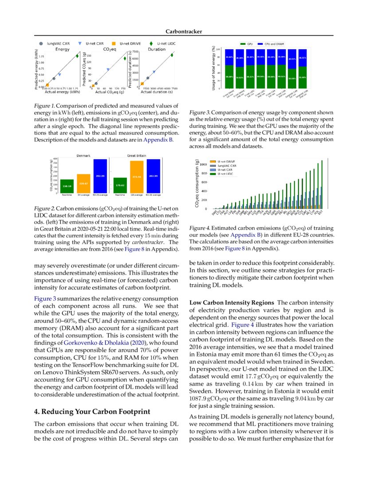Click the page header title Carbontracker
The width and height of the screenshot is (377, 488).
(184, 31)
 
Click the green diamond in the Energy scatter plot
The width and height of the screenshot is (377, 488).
(77, 56)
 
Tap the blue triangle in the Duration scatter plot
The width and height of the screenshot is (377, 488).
(154, 71)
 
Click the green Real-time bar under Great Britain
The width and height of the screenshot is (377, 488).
(121, 185)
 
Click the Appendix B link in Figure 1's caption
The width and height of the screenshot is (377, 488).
(158, 140)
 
